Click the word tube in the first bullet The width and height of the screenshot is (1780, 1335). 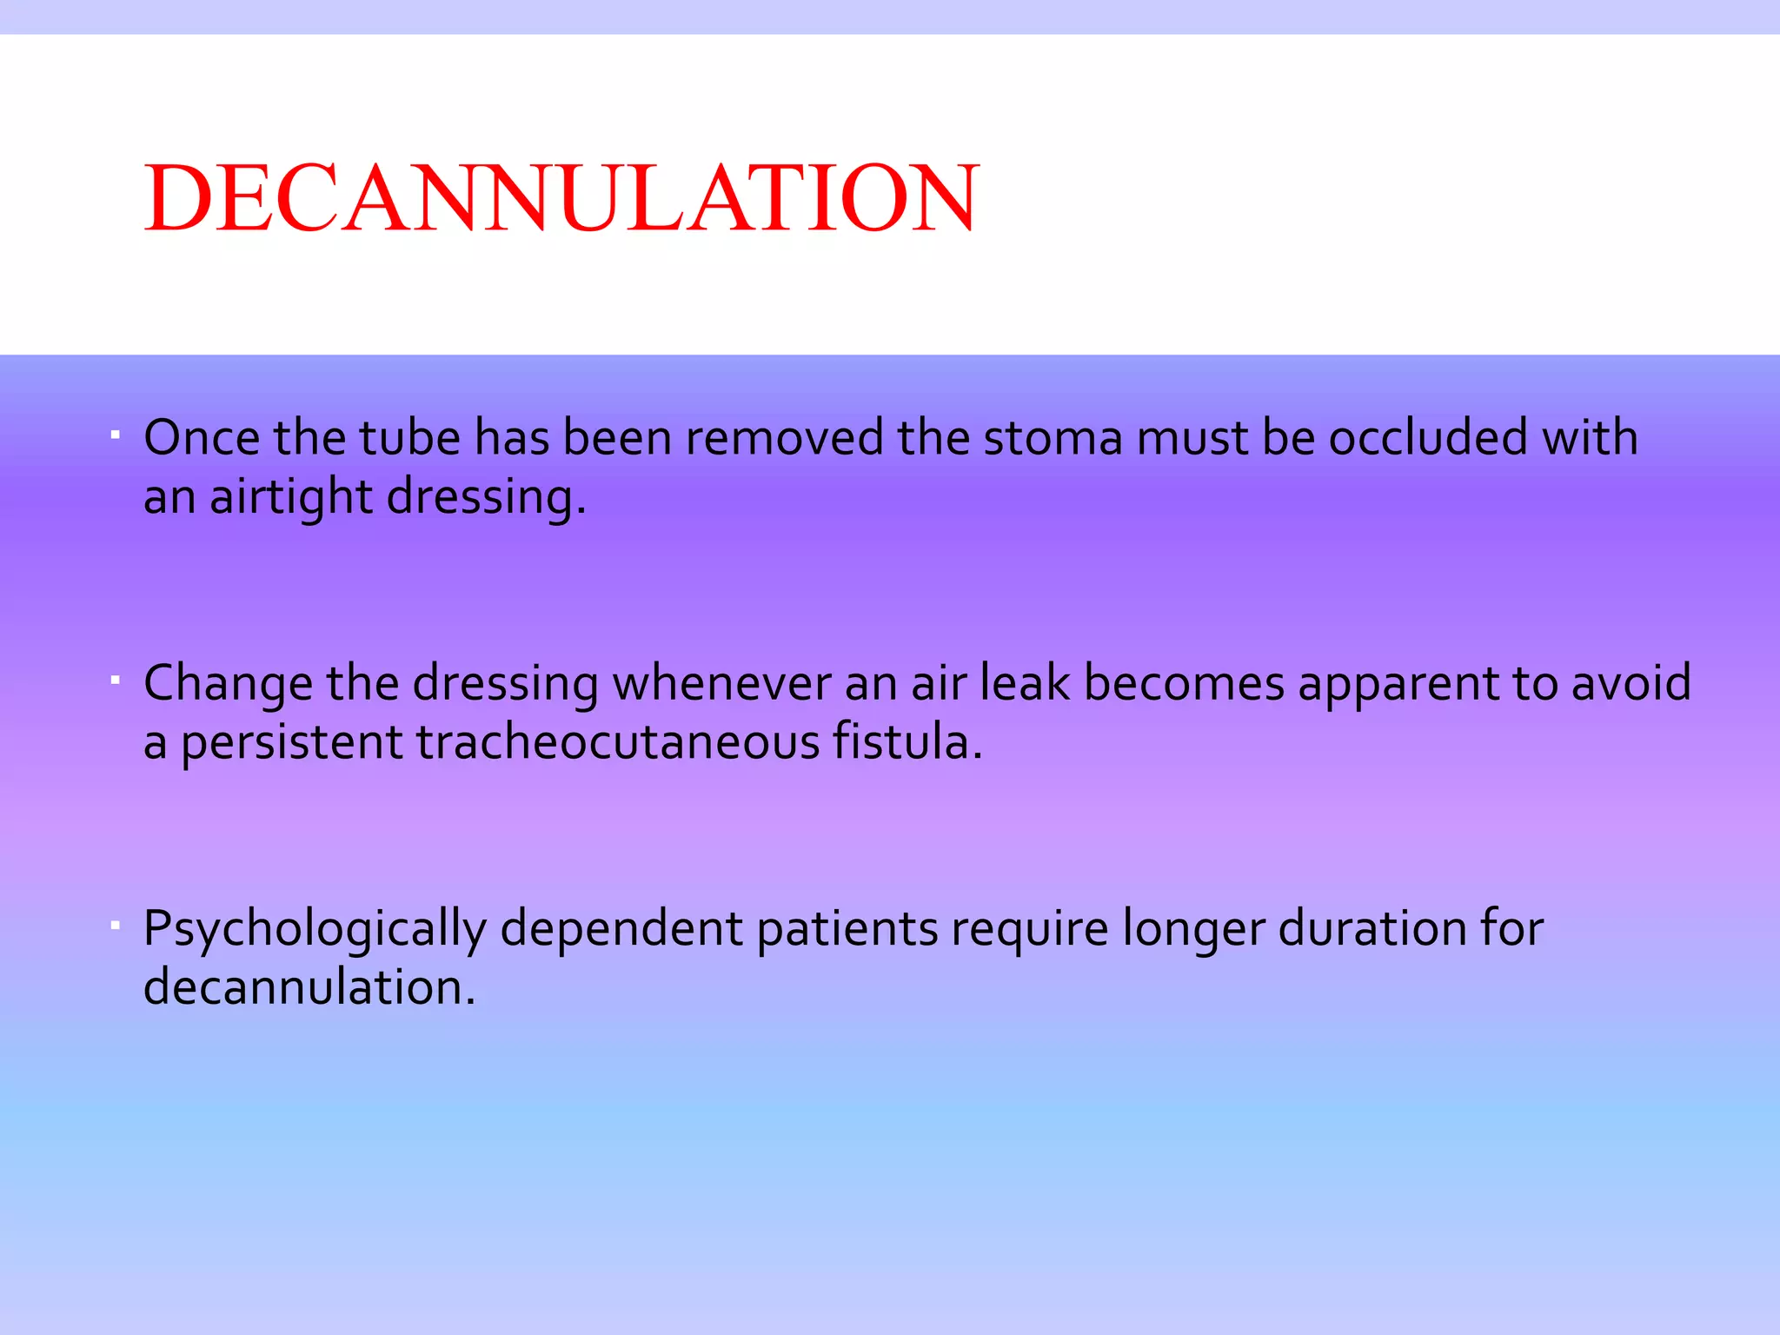coord(409,437)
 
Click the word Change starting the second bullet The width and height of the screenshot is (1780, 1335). coord(228,684)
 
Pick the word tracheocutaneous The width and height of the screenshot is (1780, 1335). coord(617,743)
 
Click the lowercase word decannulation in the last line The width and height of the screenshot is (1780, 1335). coord(309,988)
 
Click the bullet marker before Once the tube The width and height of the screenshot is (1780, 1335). coord(115,432)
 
